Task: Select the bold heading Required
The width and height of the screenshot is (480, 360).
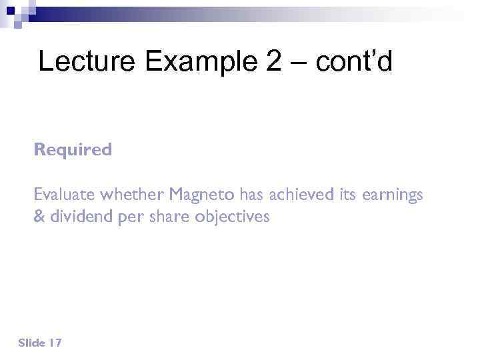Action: pyautogui.click(x=73, y=150)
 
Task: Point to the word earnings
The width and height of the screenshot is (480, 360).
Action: pyautogui.click(x=393, y=195)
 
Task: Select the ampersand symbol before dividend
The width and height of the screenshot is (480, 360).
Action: pyautogui.click(x=39, y=217)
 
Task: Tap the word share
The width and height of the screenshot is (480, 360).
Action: pyautogui.click(x=168, y=217)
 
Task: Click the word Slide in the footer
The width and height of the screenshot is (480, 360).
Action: pyautogui.click(x=31, y=343)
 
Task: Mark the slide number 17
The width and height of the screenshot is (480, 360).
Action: pyautogui.click(x=55, y=343)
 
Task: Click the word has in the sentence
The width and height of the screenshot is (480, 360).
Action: pyautogui.click(x=252, y=195)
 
